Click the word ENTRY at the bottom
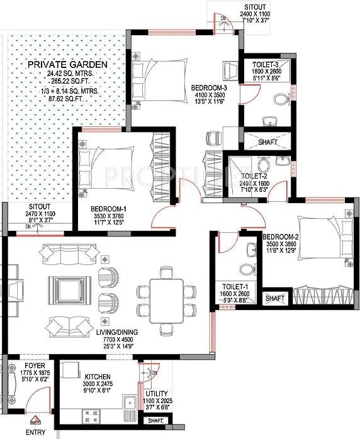(36, 433)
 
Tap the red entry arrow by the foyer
(36, 422)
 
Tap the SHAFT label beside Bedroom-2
(274, 298)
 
